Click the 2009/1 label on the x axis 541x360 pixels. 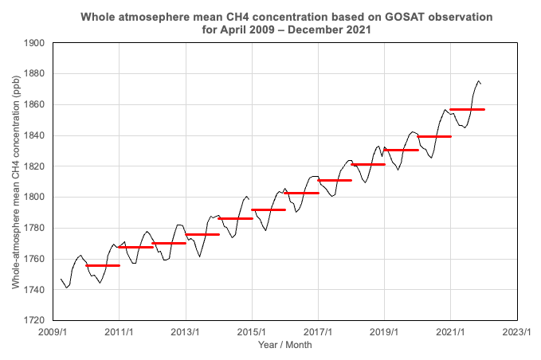[x=52, y=333]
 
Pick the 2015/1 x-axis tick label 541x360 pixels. [x=251, y=333]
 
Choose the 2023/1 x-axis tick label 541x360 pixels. [x=516, y=333]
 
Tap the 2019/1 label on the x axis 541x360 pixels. [x=384, y=333]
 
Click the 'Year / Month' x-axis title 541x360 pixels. [x=284, y=345]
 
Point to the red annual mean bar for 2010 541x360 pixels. [x=103, y=265]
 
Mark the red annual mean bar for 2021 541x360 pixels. [x=467, y=109]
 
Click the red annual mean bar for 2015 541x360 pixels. [x=269, y=209]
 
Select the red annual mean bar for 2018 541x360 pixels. [x=368, y=165]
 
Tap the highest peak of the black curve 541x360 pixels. [x=478, y=80]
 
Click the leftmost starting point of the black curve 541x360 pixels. [x=61, y=279]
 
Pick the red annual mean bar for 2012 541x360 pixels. [x=169, y=243]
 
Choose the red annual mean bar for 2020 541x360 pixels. [x=434, y=136]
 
